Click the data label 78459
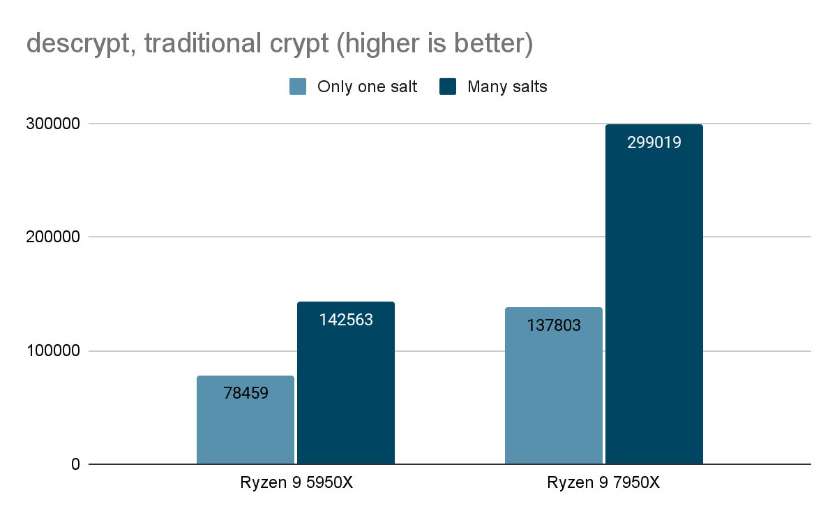point(246,393)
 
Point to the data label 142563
point(346,320)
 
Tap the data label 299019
point(654,142)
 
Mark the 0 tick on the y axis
point(75,464)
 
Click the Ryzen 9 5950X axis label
point(296,484)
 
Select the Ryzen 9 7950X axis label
point(603,484)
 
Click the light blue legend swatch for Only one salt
point(299,87)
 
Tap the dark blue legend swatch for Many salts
point(448,87)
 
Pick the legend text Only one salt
point(367,87)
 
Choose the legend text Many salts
point(507,87)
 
